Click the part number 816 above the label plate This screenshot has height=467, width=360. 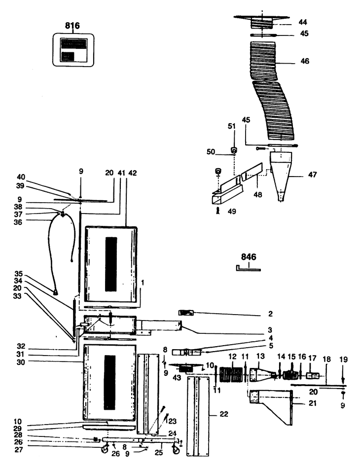point(72,26)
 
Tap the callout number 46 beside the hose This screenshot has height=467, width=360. point(305,61)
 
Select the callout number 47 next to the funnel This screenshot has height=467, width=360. point(312,175)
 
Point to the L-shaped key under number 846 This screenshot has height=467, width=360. point(249,269)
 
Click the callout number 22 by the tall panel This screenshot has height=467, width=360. point(224,414)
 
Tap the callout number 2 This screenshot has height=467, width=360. point(270,314)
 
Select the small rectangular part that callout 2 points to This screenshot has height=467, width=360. point(186,313)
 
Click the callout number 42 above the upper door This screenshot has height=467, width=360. point(132,173)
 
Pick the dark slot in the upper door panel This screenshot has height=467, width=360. point(111,264)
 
